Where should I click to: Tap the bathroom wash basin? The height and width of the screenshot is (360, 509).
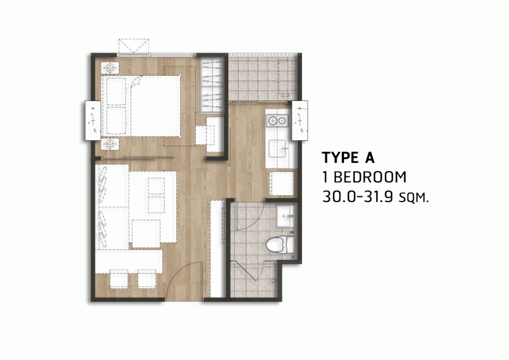coord(285,216)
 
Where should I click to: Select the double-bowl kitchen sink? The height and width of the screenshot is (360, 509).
coord(277,121)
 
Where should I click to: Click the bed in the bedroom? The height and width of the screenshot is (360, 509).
coord(141,105)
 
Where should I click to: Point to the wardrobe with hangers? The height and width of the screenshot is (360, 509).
coord(212,85)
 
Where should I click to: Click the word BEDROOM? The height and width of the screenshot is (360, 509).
coord(369,177)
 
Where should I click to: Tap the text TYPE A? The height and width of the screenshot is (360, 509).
coord(348,158)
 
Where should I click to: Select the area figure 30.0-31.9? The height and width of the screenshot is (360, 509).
coord(358,197)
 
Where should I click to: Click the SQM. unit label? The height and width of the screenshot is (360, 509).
coord(414,198)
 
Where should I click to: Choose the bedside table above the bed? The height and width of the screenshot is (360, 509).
coord(110,68)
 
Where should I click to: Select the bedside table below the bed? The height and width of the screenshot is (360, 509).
coord(110,144)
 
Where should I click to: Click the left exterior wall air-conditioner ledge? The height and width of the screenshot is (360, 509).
coord(93,120)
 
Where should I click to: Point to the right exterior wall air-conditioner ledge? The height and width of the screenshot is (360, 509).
coord(300,120)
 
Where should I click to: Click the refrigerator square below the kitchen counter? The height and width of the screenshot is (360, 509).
coord(281,183)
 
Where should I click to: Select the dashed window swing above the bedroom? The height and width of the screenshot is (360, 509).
coord(134,46)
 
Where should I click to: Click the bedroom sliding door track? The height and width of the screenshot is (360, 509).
coord(136,159)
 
